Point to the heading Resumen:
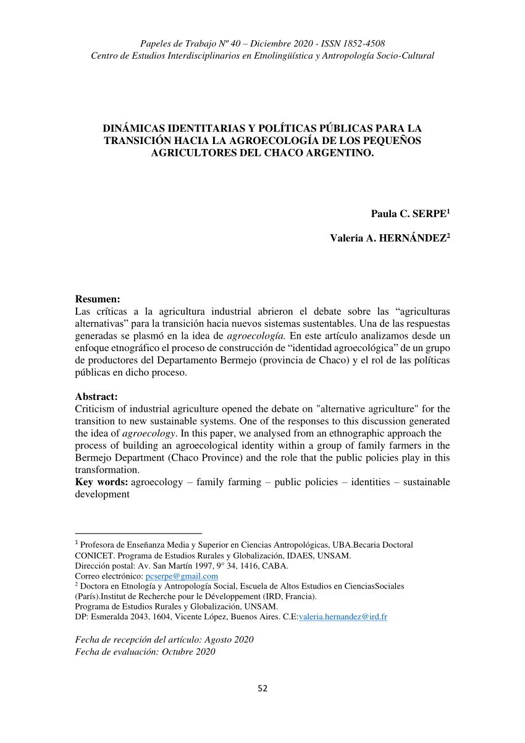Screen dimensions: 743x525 coord(98,299)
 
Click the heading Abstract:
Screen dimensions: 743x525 coord(96,397)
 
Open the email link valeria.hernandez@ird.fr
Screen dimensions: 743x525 coord(343,617)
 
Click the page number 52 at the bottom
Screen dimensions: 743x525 coord(262,689)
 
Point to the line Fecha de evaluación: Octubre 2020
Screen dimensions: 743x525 coord(145,652)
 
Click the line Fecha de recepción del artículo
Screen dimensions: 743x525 coord(164,639)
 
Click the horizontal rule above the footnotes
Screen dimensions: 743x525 coord(138,533)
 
